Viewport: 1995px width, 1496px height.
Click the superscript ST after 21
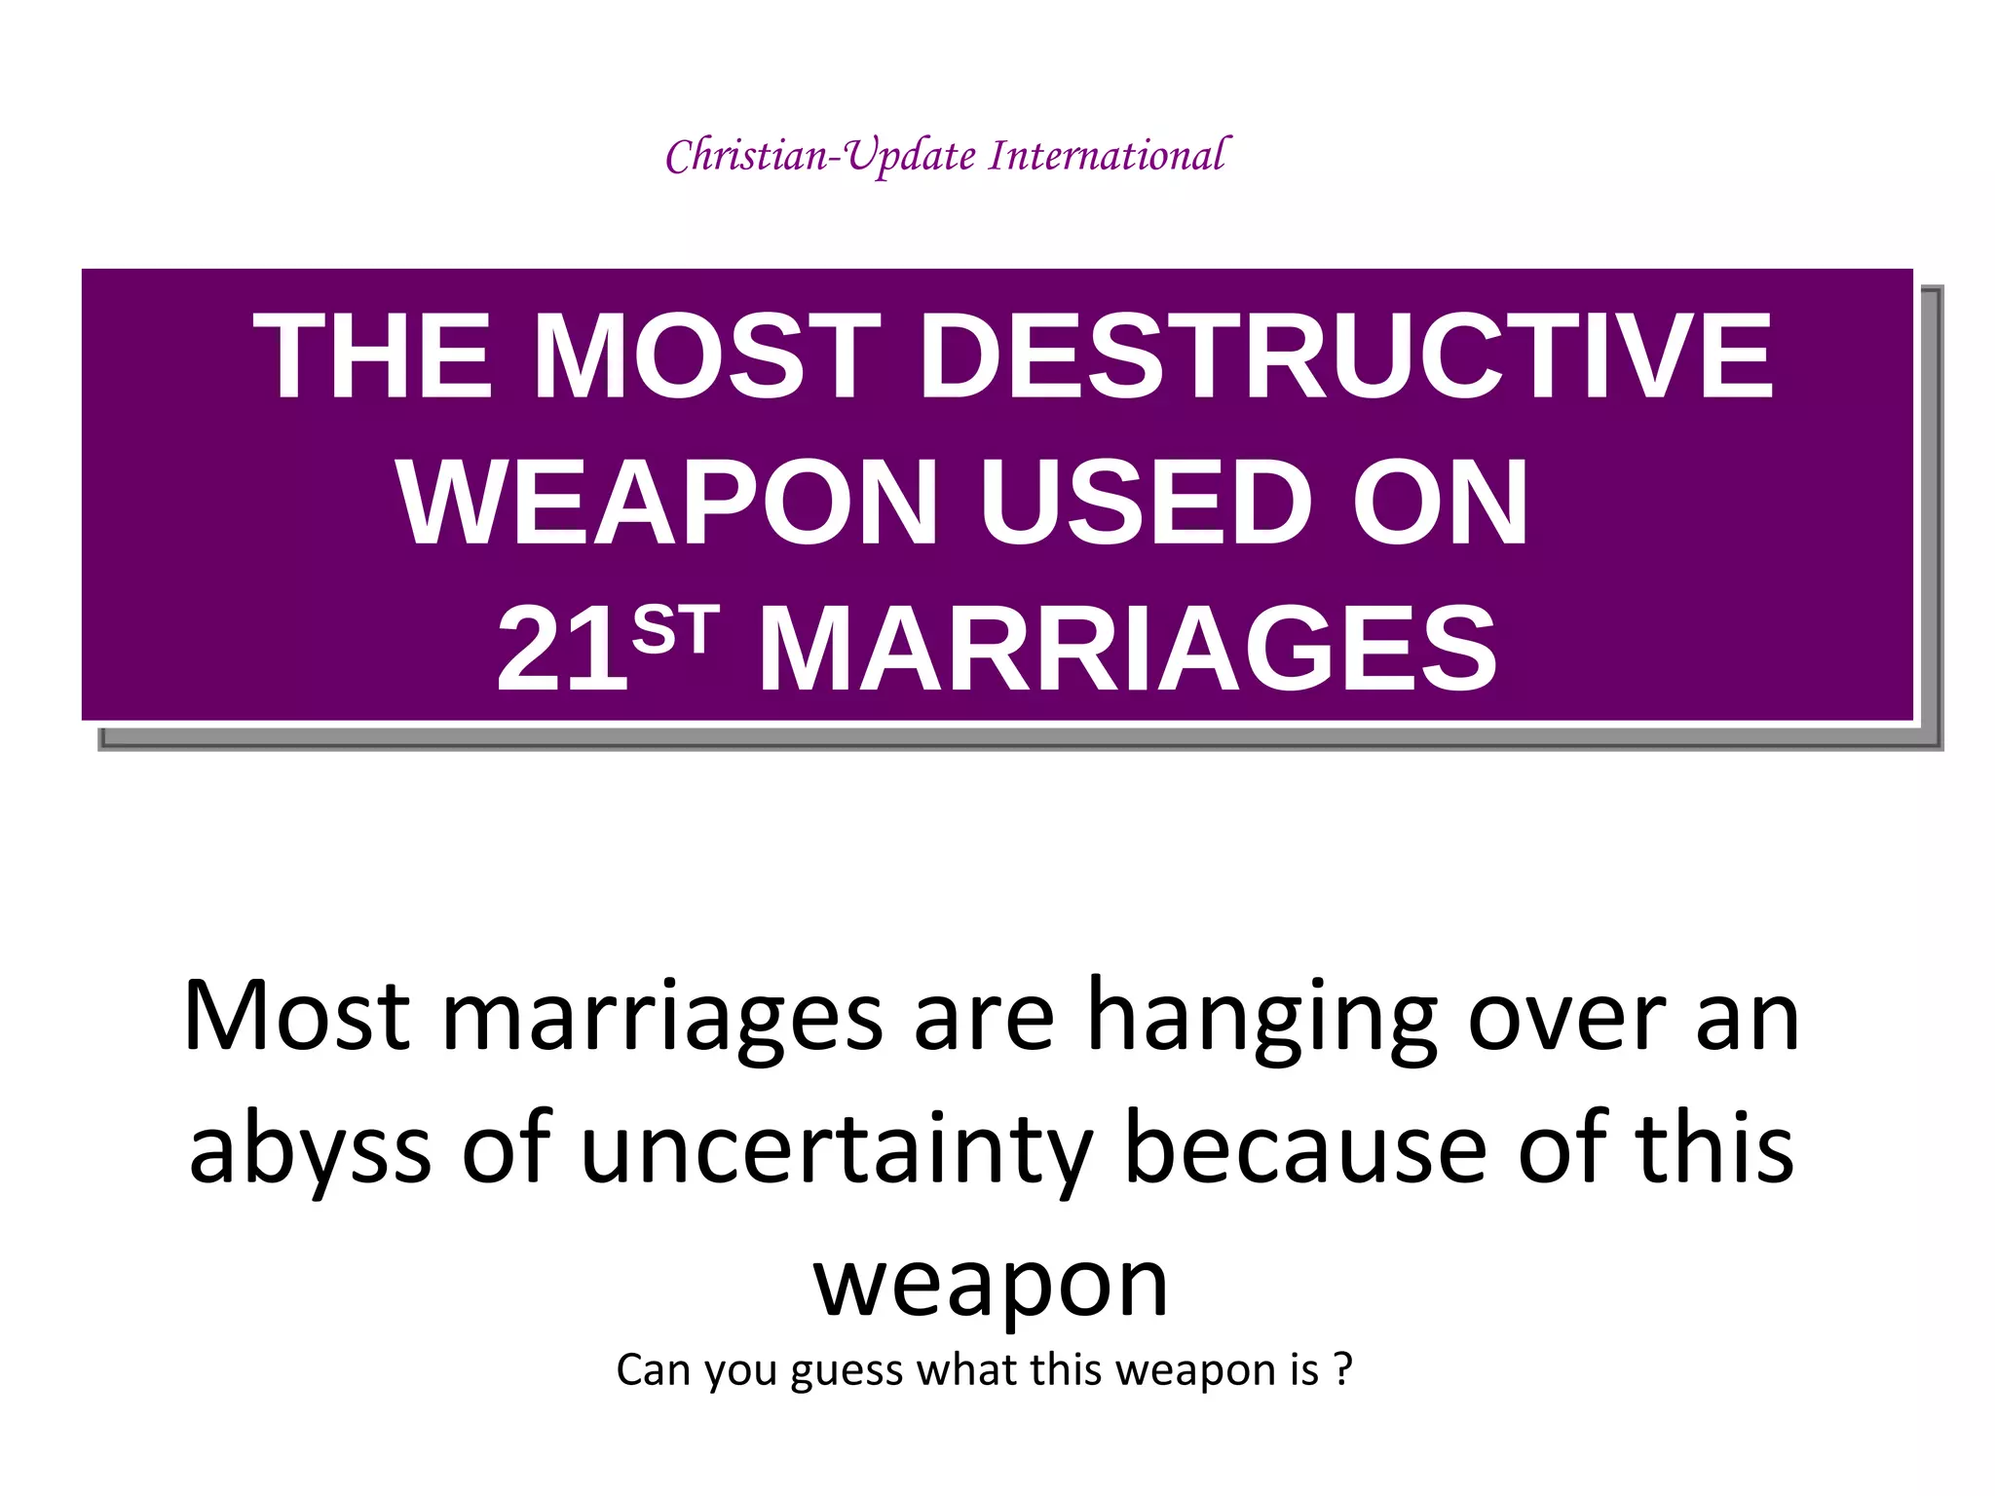(x=675, y=629)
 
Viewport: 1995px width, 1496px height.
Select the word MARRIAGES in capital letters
(x=1127, y=650)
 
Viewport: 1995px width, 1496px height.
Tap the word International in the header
(x=1110, y=156)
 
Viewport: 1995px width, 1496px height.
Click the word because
(x=1305, y=1149)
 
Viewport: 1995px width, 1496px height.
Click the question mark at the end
(x=1343, y=1370)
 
